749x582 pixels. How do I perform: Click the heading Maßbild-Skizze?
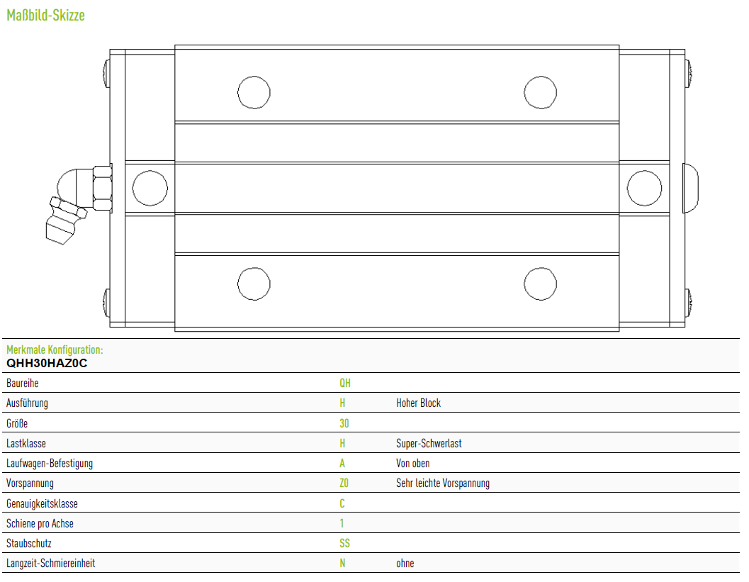pos(45,16)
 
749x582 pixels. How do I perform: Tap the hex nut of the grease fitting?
pos(103,188)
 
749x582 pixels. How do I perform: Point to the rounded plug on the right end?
pos(691,188)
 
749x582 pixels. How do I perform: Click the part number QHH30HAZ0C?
pos(47,363)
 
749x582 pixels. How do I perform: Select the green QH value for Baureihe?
pos(345,384)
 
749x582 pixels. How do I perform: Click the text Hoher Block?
pos(419,403)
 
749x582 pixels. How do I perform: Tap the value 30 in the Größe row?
pos(344,423)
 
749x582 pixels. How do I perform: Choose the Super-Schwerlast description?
pos(429,444)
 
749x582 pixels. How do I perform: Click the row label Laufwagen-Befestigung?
pos(50,464)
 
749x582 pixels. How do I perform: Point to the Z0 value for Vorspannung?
pos(344,483)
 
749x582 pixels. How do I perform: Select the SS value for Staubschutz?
pos(344,543)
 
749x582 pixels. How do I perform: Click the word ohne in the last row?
pos(405,564)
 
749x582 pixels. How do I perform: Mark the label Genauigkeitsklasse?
pos(42,503)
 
